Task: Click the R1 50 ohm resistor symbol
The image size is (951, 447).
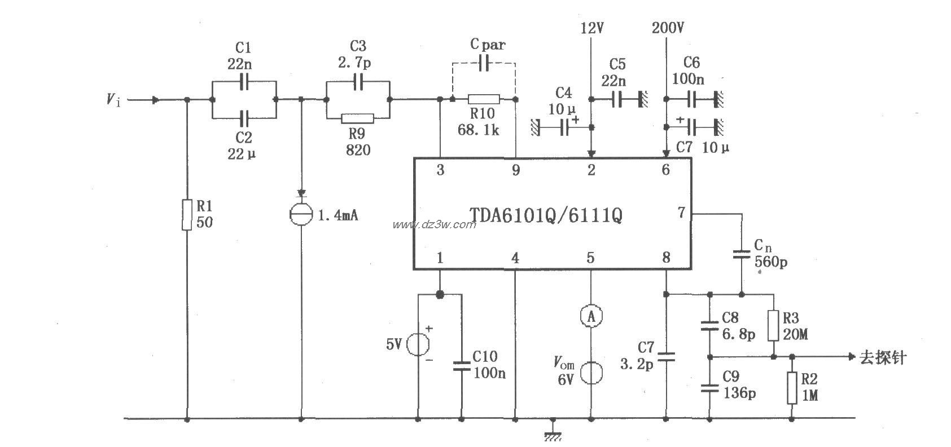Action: pyautogui.click(x=187, y=214)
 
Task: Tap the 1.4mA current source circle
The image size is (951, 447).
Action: pyautogui.click(x=300, y=215)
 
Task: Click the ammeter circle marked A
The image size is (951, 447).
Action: pyautogui.click(x=591, y=316)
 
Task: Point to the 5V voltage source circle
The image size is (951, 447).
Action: pyautogui.click(x=418, y=344)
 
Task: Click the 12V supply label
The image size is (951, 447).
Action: pyautogui.click(x=591, y=28)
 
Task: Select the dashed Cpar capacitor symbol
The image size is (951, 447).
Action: pyautogui.click(x=483, y=63)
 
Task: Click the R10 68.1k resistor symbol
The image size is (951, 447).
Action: pyautogui.click(x=484, y=100)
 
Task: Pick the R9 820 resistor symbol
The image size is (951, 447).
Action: pyautogui.click(x=357, y=118)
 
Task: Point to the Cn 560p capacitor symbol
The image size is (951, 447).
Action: pyautogui.click(x=742, y=255)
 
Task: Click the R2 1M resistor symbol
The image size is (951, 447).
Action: pyautogui.click(x=792, y=388)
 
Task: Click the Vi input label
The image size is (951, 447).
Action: pyautogui.click(x=113, y=100)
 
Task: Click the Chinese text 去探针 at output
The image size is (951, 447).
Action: pyautogui.click(x=883, y=357)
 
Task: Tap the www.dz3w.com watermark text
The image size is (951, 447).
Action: pyautogui.click(x=435, y=224)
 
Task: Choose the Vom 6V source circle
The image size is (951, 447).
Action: pyautogui.click(x=591, y=373)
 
